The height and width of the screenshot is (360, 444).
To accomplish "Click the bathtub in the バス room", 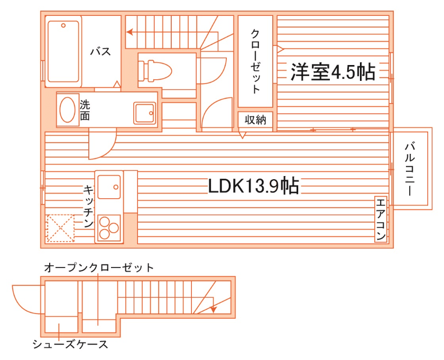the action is (x=63, y=51).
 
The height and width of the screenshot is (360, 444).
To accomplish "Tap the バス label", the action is (x=100, y=51).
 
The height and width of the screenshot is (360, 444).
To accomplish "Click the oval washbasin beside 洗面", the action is (x=67, y=110).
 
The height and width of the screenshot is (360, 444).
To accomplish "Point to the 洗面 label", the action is (x=85, y=110).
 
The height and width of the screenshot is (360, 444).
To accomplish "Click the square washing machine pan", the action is (x=144, y=113).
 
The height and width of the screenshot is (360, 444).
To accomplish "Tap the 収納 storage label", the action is (x=255, y=120).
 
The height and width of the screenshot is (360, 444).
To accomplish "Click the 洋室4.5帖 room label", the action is (x=332, y=71).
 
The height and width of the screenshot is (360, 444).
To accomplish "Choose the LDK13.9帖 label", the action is (x=254, y=186).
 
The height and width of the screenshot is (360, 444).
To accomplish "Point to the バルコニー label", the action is (x=409, y=168).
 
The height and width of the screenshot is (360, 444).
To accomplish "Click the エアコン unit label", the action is (x=381, y=219).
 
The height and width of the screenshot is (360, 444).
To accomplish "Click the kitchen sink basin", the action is (x=109, y=186).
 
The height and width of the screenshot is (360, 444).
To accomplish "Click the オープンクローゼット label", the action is (x=99, y=267).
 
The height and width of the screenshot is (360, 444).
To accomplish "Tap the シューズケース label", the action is (x=70, y=345).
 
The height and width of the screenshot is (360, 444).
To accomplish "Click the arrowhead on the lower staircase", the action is (x=214, y=309).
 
